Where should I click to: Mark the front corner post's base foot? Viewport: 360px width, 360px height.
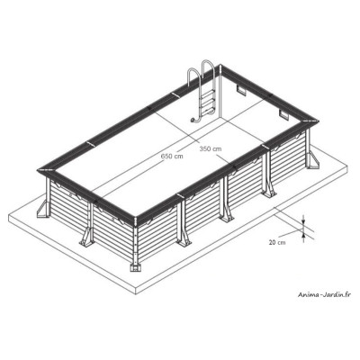click(x=135, y=266)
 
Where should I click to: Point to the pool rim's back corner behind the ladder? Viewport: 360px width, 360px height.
click(x=218, y=64)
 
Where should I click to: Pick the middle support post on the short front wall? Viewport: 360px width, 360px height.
click(x=88, y=229)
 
